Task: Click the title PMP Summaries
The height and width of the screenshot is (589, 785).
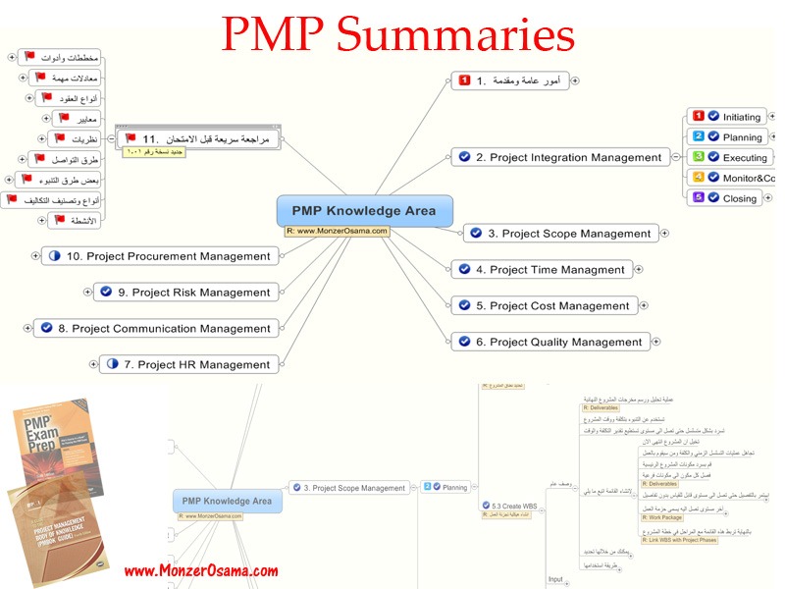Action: [x=397, y=36]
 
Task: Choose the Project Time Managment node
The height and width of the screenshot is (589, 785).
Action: [x=544, y=270]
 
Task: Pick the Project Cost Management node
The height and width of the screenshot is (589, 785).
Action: [x=546, y=306]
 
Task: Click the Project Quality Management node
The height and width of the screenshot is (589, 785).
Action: [x=551, y=343]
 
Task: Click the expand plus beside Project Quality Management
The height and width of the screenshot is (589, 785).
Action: [x=661, y=343]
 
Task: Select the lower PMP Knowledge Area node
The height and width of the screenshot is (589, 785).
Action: [x=222, y=501]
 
